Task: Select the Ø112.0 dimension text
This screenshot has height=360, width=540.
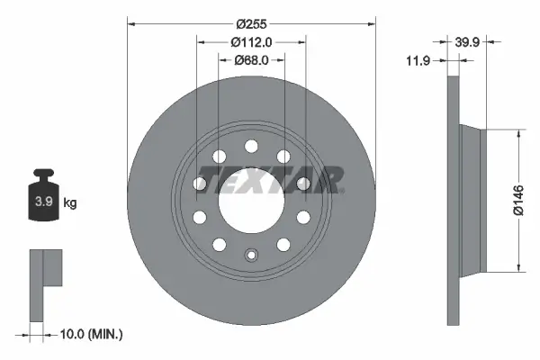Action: tap(251, 41)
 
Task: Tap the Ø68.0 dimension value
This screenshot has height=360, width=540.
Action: tap(252, 60)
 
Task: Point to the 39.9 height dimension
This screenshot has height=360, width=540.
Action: tap(467, 41)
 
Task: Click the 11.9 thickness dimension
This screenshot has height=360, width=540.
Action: tap(417, 60)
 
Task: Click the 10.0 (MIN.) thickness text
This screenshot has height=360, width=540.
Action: tap(90, 334)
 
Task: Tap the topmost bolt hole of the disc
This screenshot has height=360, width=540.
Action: tap(251, 147)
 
